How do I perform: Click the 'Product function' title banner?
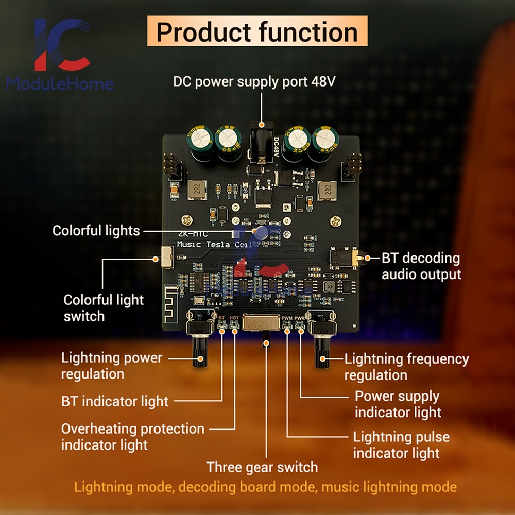click(257, 31)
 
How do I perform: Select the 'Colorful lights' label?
click(96, 230)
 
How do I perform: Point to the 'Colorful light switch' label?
click(103, 307)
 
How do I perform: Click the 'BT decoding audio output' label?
click(421, 266)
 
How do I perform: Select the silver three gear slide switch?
click(261, 322)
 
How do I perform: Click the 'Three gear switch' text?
click(262, 467)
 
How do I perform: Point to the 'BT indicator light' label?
click(114, 401)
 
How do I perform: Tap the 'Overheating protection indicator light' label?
click(132, 436)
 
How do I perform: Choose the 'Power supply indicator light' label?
click(397, 404)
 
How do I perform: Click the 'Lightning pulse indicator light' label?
click(401, 445)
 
